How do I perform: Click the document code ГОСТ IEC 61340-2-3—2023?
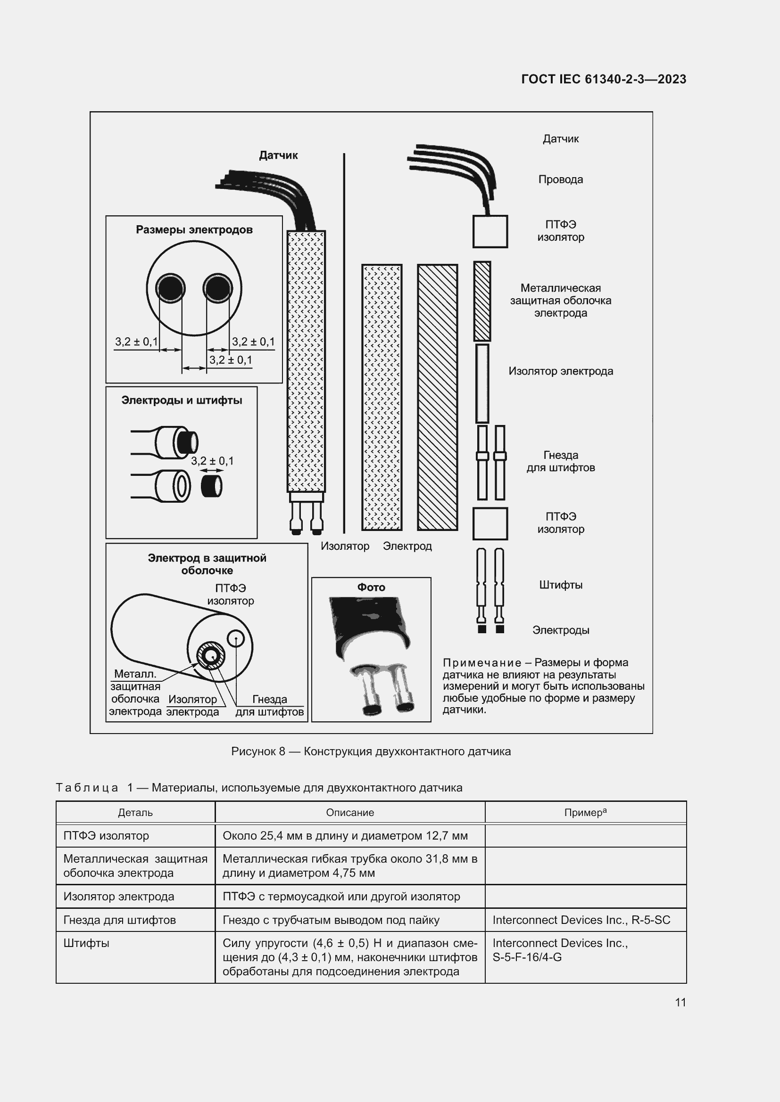click(603, 79)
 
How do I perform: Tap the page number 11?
click(680, 1002)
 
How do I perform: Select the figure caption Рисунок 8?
click(370, 751)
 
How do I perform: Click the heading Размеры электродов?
click(194, 229)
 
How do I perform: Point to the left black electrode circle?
click(170, 288)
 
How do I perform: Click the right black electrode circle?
click(218, 288)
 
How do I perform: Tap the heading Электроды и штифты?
click(182, 400)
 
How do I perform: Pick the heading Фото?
click(371, 587)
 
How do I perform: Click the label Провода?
click(561, 180)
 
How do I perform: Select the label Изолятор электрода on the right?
click(561, 371)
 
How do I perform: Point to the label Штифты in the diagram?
click(561, 585)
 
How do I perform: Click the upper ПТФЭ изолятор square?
click(490, 231)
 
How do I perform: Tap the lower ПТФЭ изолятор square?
click(490, 523)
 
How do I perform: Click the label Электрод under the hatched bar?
click(407, 546)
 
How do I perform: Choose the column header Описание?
click(349, 813)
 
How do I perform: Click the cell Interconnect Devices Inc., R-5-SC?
click(581, 920)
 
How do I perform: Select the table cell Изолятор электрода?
click(119, 896)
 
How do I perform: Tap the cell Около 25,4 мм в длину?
click(345, 836)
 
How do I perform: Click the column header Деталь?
click(135, 813)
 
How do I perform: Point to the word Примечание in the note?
click(482, 663)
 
